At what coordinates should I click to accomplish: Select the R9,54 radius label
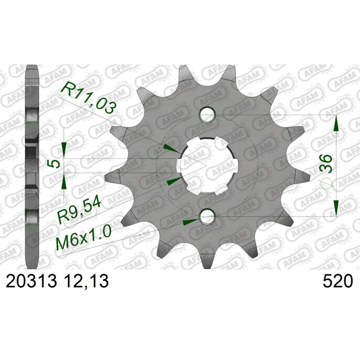click(x=79, y=211)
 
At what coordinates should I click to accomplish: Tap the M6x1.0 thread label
click(x=84, y=238)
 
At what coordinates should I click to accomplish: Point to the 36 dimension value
click(x=326, y=164)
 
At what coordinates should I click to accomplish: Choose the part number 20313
click(x=31, y=281)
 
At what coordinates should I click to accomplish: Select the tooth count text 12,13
click(x=86, y=282)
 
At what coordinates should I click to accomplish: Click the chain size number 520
click(x=337, y=281)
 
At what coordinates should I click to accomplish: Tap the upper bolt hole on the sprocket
click(x=207, y=114)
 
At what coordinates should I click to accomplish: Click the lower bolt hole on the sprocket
click(x=207, y=216)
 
